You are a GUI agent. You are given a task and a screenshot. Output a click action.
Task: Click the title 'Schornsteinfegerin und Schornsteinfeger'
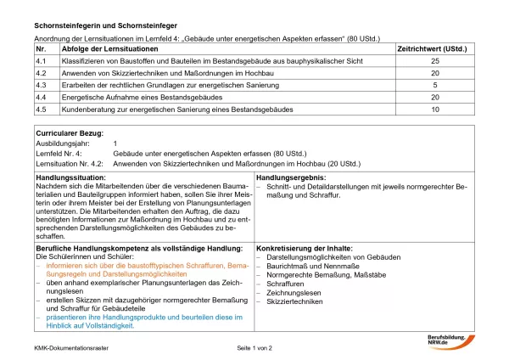(x=101, y=26)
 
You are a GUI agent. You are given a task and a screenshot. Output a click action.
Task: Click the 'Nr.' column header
(x=41, y=50)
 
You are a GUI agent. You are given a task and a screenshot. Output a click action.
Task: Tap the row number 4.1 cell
(x=41, y=62)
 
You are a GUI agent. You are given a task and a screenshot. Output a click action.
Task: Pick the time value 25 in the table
(x=435, y=62)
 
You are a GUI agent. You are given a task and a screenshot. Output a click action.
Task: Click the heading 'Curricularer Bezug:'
(x=70, y=133)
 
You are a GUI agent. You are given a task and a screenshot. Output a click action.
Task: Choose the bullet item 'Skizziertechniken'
(x=294, y=301)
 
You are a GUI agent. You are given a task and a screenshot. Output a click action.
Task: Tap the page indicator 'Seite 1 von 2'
(x=255, y=348)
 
